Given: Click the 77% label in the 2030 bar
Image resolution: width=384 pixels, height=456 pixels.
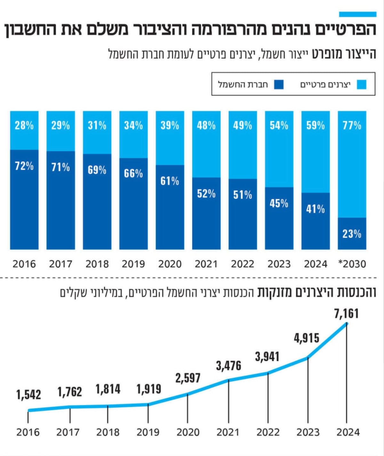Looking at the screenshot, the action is point(352,126).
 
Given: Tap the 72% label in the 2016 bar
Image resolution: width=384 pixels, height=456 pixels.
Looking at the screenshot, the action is point(24,166).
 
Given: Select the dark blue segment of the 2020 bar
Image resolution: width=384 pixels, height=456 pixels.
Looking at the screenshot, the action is point(170,207).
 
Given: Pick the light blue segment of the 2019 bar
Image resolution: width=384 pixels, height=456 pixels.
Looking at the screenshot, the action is point(133,135).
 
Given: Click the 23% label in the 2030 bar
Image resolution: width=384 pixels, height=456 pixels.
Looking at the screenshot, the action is point(352,234).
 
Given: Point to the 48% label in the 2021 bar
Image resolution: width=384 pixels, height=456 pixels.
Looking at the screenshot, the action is point(206,126).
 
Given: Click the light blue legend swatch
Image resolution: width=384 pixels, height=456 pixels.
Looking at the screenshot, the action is point(362,84).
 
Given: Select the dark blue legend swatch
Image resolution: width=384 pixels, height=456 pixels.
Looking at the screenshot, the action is point(279,84).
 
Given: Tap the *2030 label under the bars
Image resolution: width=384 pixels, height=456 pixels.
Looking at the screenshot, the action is point(352,264).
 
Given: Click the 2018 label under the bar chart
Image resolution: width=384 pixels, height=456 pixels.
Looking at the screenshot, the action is point(97,264).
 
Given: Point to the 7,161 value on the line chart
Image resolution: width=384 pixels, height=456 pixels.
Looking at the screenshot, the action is point(347,314).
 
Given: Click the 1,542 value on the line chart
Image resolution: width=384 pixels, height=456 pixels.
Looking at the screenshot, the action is point(28,395).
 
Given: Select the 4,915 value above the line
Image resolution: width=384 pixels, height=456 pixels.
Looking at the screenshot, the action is point(307,338).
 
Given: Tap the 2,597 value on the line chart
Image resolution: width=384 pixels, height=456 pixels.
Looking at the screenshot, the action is point(188,378).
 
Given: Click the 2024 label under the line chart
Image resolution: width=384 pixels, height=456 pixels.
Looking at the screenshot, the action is point(348,432).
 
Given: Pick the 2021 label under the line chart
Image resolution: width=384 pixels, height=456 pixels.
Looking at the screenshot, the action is point(228,432).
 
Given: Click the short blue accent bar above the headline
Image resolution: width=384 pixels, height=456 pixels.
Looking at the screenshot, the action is point(358,14).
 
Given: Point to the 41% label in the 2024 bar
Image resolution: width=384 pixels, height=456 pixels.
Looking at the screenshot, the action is point(316,209).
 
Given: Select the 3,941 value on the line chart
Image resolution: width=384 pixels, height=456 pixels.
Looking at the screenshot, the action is point(267,357).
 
